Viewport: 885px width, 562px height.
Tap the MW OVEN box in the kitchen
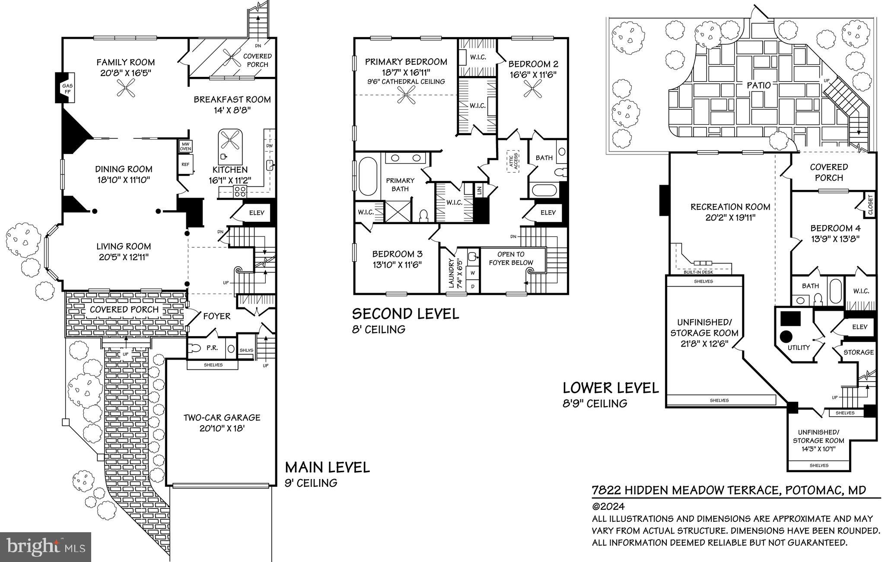point(185,146)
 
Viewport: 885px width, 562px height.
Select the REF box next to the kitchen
point(185,164)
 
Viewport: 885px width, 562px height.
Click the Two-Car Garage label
point(222,423)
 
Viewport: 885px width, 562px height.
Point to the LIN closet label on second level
point(479,189)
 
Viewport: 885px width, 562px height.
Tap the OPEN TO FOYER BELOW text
point(511,259)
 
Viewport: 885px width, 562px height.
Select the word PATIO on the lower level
point(758,85)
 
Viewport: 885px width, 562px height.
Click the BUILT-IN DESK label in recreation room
point(698,272)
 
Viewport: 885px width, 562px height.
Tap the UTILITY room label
point(798,347)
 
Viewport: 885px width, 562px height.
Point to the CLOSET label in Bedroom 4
point(870,205)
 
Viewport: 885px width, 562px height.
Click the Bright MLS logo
point(45,547)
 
